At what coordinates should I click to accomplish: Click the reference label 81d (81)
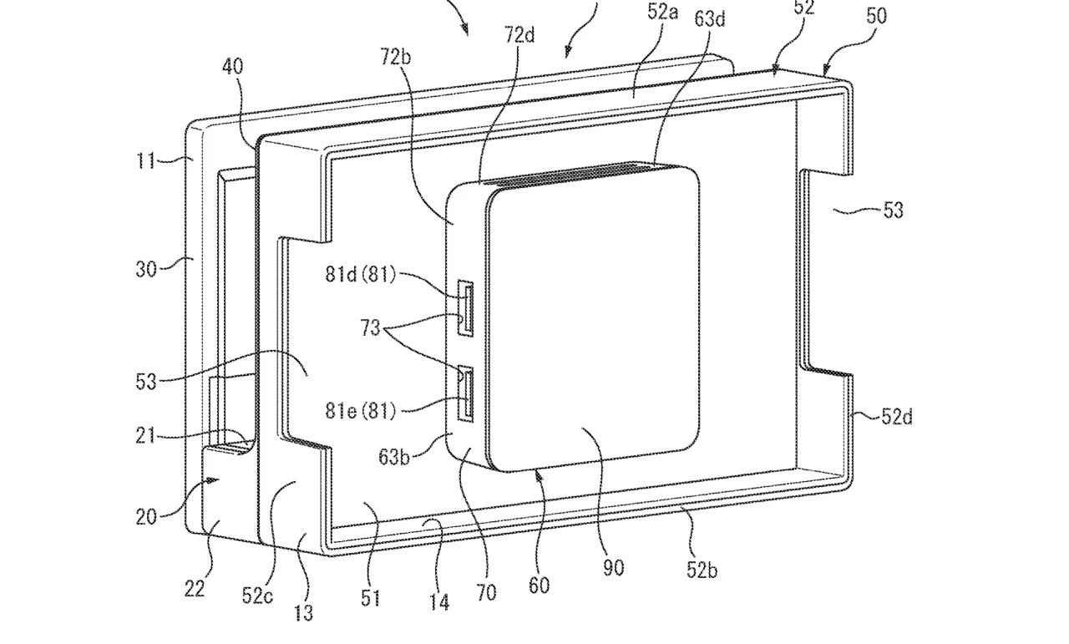coord(361,275)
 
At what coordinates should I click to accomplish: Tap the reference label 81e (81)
coord(361,411)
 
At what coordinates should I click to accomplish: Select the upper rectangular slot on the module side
coord(465,308)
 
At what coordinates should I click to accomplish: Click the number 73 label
coord(370,328)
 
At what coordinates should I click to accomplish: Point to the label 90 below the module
coord(614,568)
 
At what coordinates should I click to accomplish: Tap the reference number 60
coord(540,586)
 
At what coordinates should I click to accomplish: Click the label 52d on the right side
coord(897,417)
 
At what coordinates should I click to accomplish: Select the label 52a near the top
coord(663,12)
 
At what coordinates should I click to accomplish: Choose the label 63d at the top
coord(710,18)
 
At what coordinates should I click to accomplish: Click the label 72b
coord(396,57)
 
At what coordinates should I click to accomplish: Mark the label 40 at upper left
coord(233,66)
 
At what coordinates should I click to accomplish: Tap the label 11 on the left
coord(145,161)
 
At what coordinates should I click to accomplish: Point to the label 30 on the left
coord(146,269)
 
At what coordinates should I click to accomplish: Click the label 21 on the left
coord(145,436)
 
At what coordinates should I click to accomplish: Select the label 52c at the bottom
coord(257,596)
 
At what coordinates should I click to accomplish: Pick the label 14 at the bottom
coord(439,602)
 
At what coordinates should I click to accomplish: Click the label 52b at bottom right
coord(702,570)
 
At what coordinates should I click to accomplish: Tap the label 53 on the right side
coord(894,210)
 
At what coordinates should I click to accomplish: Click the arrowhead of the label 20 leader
coord(215,480)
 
